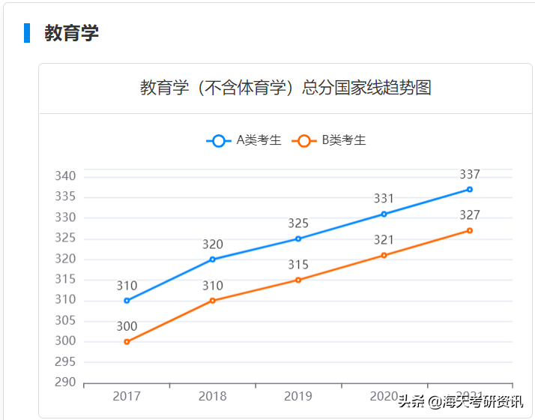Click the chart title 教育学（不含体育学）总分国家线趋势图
[x=285, y=88]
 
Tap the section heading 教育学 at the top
[x=71, y=33]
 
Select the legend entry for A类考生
[x=244, y=140]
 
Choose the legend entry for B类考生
[x=330, y=140]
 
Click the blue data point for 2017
[x=127, y=301]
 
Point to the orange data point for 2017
[x=127, y=342]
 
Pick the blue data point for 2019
[x=298, y=238]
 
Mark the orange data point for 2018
[x=213, y=301]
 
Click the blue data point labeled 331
[x=384, y=214]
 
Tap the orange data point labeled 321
[x=384, y=255]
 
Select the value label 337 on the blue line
[x=470, y=175]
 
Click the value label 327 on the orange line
[x=470, y=215]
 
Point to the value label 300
[x=127, y=326]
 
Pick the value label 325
[x=298, y=223]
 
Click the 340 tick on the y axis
[x=66, y=176]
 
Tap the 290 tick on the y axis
[x=66, y=382]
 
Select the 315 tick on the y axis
[x=66, y=279]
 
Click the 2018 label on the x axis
[x=213, y=396]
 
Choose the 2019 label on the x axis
[x=298, y=396]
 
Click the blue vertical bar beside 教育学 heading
[x=27, y=33]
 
